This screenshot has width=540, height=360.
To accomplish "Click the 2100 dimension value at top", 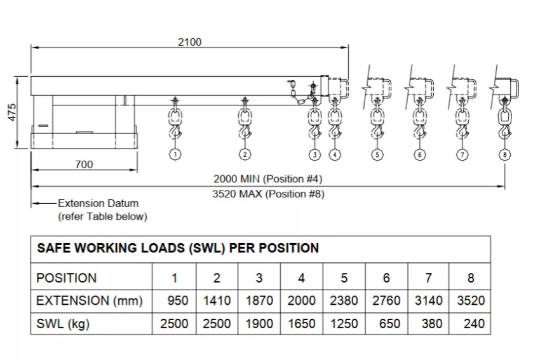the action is pos(189,42).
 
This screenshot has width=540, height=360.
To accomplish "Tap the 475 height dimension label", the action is pos(12,112).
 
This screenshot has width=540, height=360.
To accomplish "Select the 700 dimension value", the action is pos(84,164).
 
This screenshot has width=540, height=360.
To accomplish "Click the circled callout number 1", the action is pos(175,154).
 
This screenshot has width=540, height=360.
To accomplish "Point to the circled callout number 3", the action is pos(314,154).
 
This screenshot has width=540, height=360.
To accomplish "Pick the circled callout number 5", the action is pos(377,154).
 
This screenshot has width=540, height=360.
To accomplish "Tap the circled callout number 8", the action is pos(504,154).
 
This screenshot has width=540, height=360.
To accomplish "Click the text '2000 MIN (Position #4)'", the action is pos(268,179).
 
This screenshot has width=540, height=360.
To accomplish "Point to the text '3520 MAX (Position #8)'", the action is pos(268,194).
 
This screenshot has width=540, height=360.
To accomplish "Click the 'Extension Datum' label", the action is pos(98,203).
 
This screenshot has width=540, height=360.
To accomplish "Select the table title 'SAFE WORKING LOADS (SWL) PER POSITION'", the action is pos(178,248).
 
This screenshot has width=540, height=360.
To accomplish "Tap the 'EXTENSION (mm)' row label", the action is pos(90,301).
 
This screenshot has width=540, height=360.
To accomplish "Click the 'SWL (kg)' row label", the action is pos(63,324).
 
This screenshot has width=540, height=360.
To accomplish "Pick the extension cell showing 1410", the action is pos(217,301).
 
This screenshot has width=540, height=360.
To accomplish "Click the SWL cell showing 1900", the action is pos(259,324).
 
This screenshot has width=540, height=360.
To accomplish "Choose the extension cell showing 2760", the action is pos(386,301).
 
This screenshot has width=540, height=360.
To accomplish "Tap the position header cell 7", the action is pos(428,277).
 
